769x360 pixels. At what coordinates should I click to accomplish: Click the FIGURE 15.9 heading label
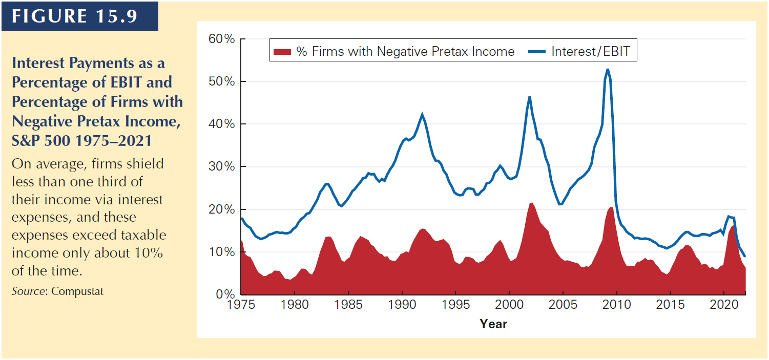pos(75,16)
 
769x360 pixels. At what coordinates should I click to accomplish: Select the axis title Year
pos(493,324)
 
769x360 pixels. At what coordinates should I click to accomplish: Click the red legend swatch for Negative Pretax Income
pos(283,52)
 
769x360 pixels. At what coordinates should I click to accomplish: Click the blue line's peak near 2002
pos(530,97)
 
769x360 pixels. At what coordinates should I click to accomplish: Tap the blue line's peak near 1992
pos(422,114)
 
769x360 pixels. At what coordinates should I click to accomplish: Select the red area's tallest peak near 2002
pos(531,203)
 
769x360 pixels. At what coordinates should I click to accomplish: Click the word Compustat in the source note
pos(77,291)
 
